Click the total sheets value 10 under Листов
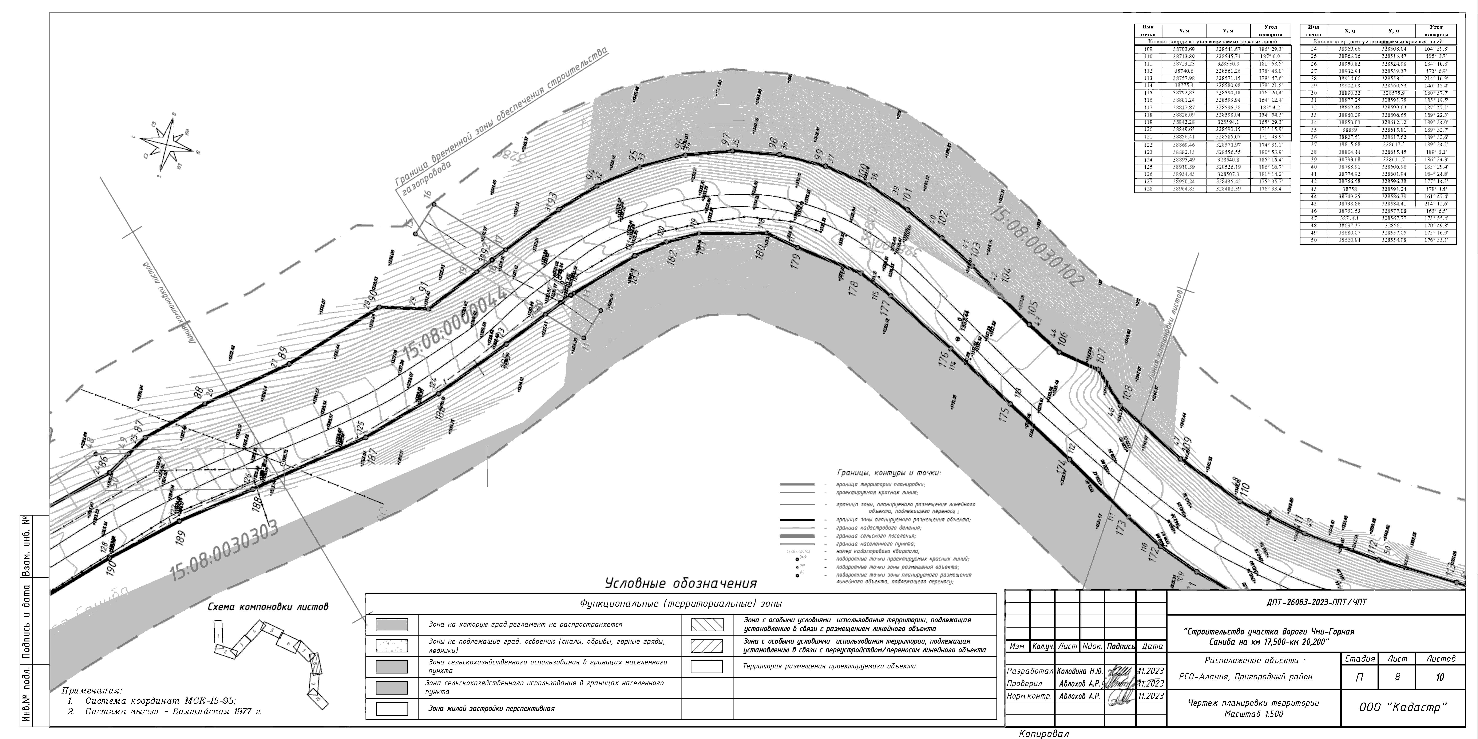pos(1439,677)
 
